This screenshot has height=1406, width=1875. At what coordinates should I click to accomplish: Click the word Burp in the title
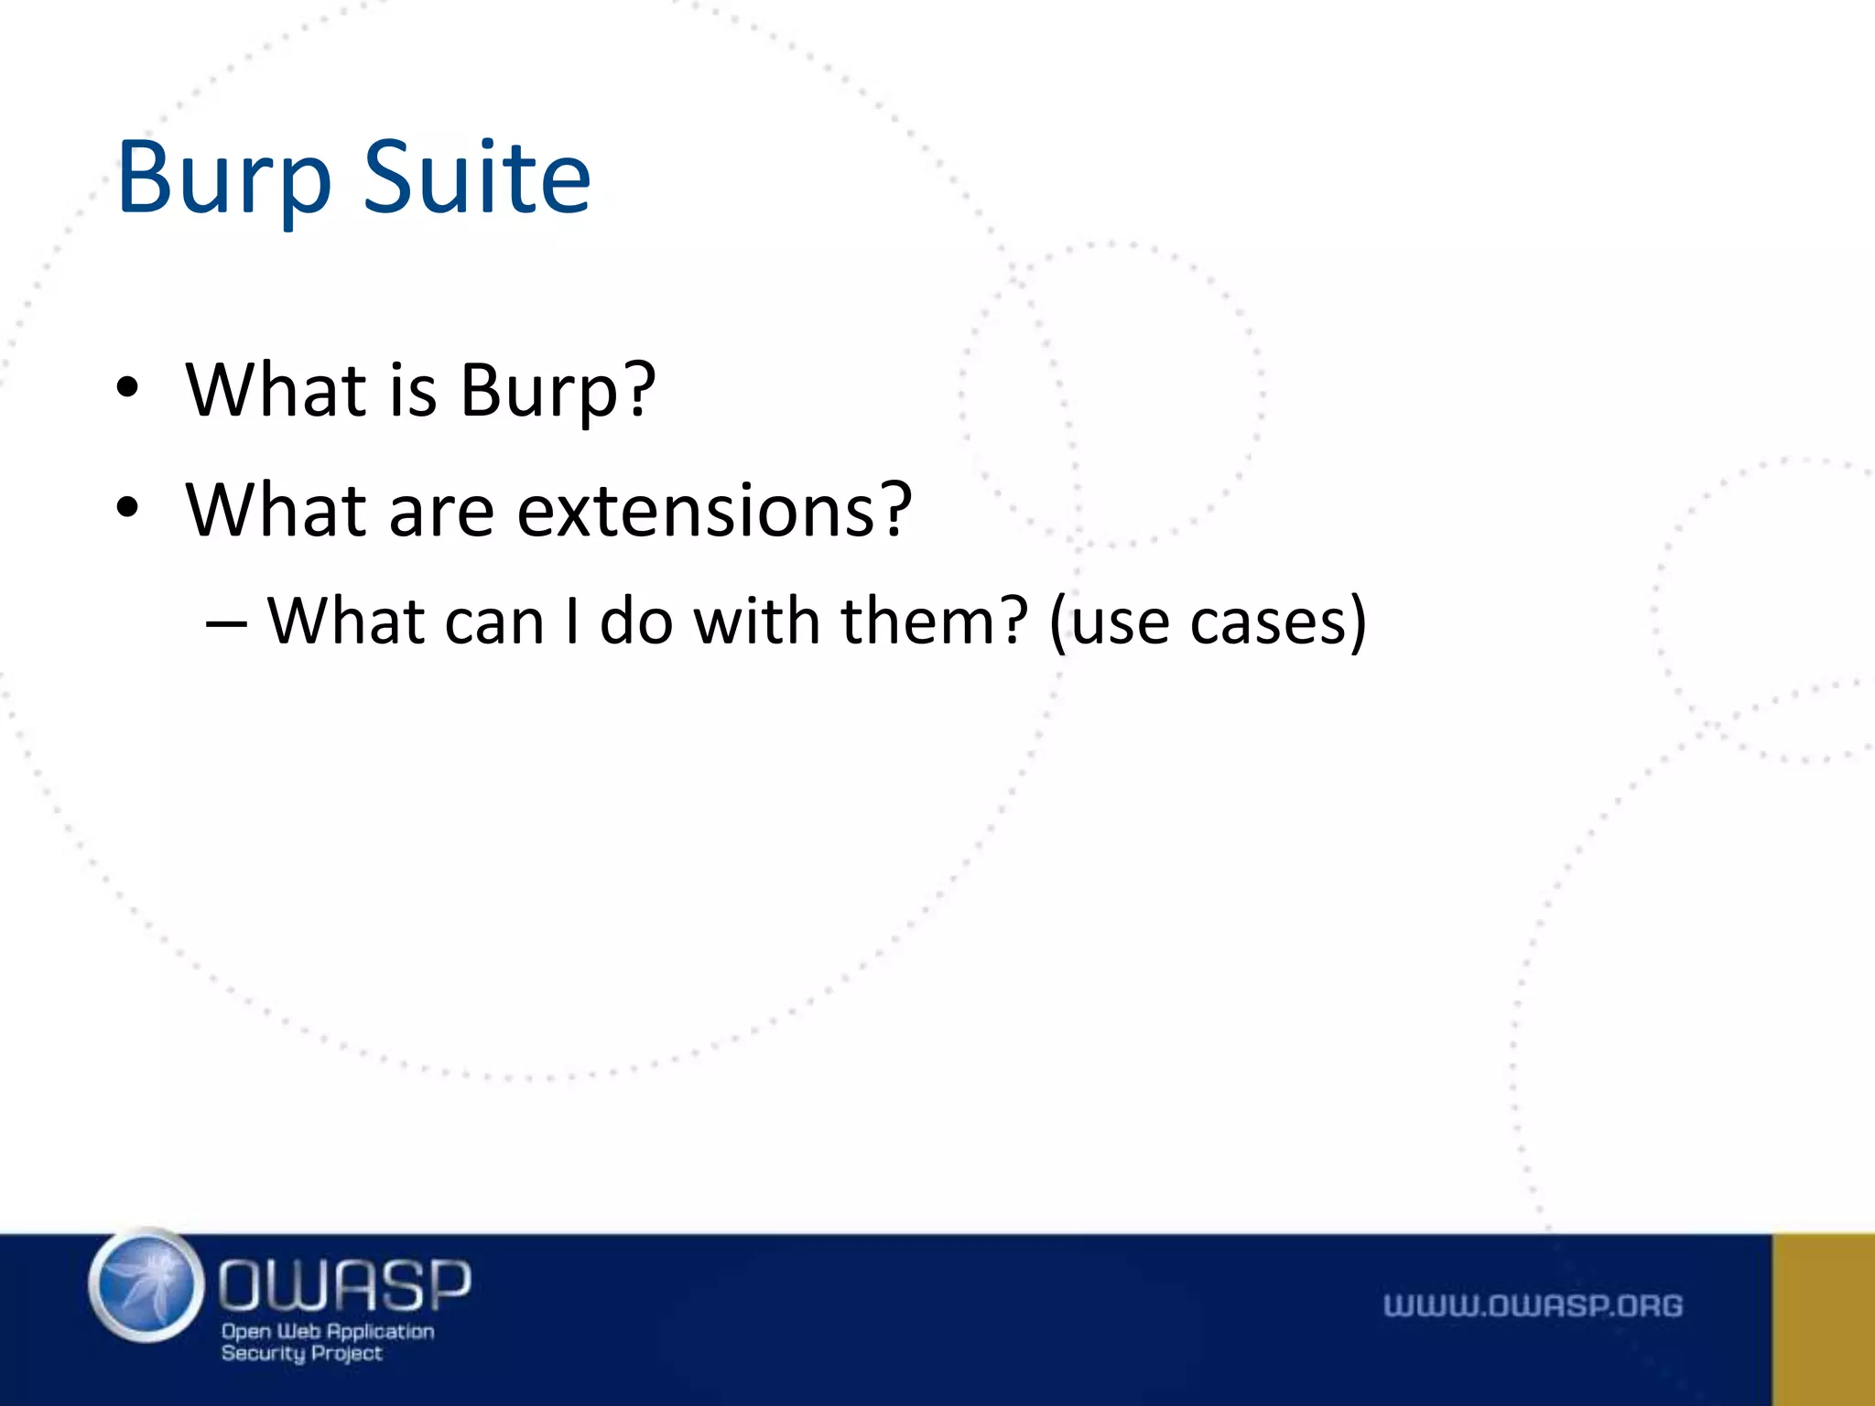223,178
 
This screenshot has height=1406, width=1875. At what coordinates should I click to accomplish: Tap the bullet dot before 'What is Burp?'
127,387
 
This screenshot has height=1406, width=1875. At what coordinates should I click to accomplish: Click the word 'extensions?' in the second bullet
714,511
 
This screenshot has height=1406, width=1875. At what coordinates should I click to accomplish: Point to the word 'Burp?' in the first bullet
558,391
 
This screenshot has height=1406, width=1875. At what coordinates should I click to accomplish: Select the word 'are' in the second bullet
441,511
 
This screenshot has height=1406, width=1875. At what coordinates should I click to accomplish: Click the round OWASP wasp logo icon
146,1286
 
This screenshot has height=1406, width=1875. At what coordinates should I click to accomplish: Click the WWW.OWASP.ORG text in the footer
1533,1305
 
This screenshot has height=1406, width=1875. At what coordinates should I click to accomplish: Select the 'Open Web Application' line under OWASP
328,1331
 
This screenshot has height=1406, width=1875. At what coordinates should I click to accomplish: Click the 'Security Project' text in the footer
301,1353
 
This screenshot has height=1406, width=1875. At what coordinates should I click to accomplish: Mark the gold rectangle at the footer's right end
1823,1319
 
